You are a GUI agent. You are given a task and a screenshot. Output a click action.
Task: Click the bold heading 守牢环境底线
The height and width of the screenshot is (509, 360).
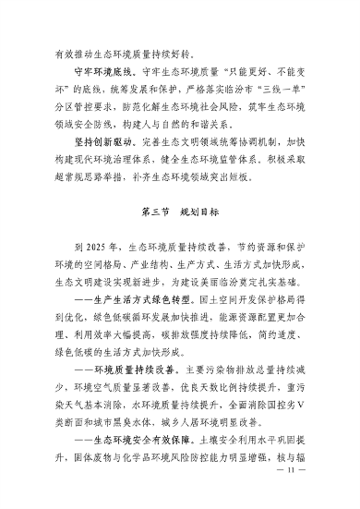[x=103, y=69]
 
